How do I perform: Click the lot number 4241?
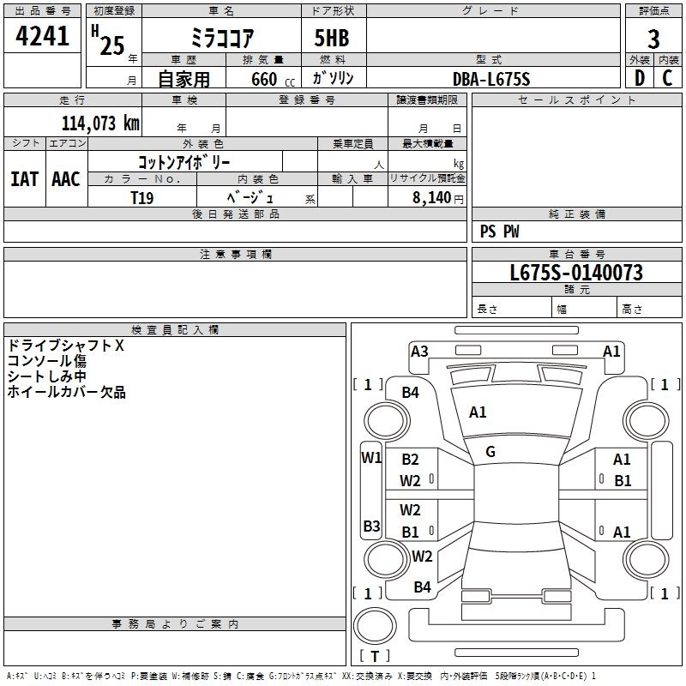[42, 36]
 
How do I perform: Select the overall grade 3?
[653, 39]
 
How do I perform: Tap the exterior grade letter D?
[640, 78]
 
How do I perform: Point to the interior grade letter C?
[667, 78]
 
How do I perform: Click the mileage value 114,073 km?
[100, 123]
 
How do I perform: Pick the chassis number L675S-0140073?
[576, 273]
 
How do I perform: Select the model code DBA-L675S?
[491, 79]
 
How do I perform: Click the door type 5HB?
[332, 38]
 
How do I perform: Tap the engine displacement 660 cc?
[273, 80]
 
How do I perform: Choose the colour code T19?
[142, 198]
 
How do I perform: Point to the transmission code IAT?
[25, 179]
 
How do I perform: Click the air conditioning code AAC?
[66, 179]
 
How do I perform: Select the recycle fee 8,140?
[431, 197]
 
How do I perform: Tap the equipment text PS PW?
[499, 231]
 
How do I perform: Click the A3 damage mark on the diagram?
[419, 352]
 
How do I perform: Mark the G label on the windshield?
[490, 452]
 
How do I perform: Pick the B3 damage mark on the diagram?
[371, 526]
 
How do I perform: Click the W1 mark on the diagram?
[371, 458]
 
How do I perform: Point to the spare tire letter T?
[375, 656]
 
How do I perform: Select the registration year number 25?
[112, 45]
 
